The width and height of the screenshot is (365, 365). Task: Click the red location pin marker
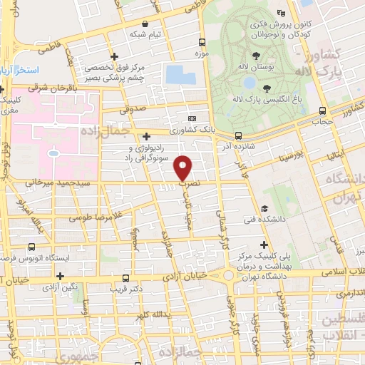click(x=183, y=168)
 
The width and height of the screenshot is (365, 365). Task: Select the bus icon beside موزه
click(x=204, y=42)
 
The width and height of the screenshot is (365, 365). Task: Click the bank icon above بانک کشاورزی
click(x=191, y=118)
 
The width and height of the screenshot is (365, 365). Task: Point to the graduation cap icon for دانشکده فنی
click(x=264, y=209)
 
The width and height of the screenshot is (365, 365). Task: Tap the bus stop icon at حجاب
click(x=323, y=110)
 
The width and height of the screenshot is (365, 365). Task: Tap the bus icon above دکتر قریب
click(x=125, y=278)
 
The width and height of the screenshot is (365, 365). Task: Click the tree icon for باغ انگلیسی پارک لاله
click(x=267, y=88)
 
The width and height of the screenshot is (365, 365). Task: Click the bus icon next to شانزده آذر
click(x=238, y=135)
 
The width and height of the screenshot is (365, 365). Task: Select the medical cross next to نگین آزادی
click(x=61, y=276)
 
